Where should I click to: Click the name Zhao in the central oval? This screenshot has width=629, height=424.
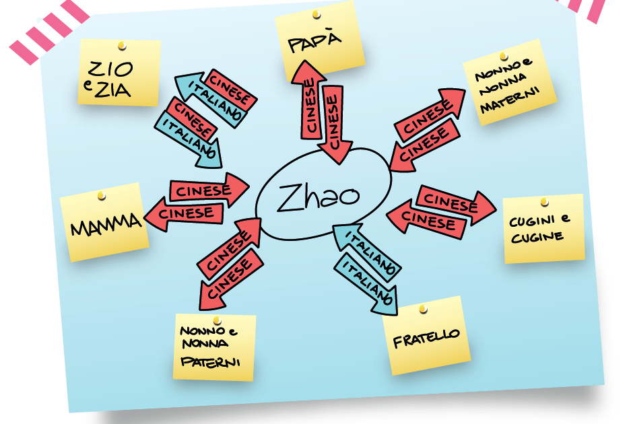tap(318, 197)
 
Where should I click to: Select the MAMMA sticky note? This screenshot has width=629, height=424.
tap(104, 221)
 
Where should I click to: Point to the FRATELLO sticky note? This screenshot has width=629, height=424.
tap(426, 336)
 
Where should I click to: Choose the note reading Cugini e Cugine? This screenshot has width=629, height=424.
tap(544, 229)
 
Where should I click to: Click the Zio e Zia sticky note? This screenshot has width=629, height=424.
tap(120, 73)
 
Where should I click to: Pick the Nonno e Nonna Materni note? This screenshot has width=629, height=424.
tap(509, 82)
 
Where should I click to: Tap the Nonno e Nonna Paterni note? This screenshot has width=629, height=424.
tap(214, 347)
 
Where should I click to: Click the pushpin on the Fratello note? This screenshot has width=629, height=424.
tap(423, 309)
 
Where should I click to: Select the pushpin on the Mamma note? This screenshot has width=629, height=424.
tap(102, 196)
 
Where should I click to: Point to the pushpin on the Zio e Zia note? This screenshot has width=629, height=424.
tap(123, 46)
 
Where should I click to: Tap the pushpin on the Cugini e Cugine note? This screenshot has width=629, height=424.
tap(544, 202)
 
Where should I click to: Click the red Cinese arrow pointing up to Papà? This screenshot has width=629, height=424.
tap(309, 100)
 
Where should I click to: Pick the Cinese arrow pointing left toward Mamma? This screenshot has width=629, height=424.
tap(184, 213)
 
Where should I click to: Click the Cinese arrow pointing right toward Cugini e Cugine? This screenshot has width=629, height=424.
tap(456, 205)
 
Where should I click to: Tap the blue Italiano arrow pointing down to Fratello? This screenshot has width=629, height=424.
tap(366, 284)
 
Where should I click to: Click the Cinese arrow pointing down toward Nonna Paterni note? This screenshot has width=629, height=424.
tap(232, 279)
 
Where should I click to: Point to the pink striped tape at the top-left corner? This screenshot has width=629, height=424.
tap(50, 30)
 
